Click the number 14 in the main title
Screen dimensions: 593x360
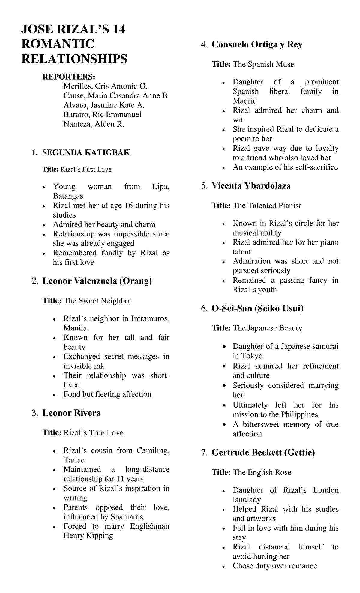click(x=118, y=30)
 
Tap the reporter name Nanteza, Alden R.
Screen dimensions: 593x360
click(x=94, y=124)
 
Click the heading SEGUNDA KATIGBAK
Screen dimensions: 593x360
click(x=86, y=153)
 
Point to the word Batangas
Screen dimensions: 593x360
click(x=68, y=196)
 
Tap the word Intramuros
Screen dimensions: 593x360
click(x=150, y=318)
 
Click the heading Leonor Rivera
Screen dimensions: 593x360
click(x=71, y=413)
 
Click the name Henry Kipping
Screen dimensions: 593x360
click(x=88, y=536)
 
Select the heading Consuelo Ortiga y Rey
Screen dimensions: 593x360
click(x=257, y=45)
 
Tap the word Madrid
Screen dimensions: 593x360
click(x=245, y=101)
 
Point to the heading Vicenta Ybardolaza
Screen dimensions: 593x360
click(x=251, y=186)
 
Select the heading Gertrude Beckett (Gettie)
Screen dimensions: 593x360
click(x=263, y=453)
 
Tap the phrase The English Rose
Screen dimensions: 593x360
click(x=262, y=472)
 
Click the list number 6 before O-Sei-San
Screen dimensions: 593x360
click(x=204, y=309)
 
